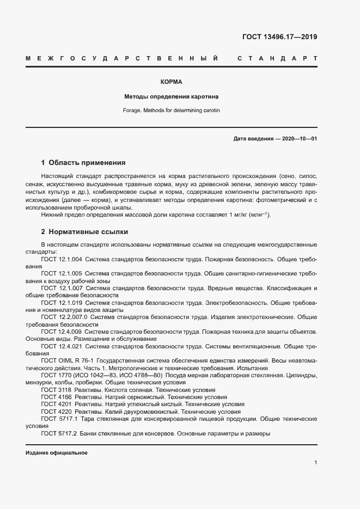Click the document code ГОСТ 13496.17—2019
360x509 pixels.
(279, 38)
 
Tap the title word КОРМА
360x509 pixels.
(171, 82)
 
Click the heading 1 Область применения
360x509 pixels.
(83, 162)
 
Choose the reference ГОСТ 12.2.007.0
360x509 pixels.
(64, 316)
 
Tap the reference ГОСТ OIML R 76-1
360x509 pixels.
(65, 360)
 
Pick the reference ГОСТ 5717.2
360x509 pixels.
(59, 433)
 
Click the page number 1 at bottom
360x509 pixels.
(315, 462)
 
